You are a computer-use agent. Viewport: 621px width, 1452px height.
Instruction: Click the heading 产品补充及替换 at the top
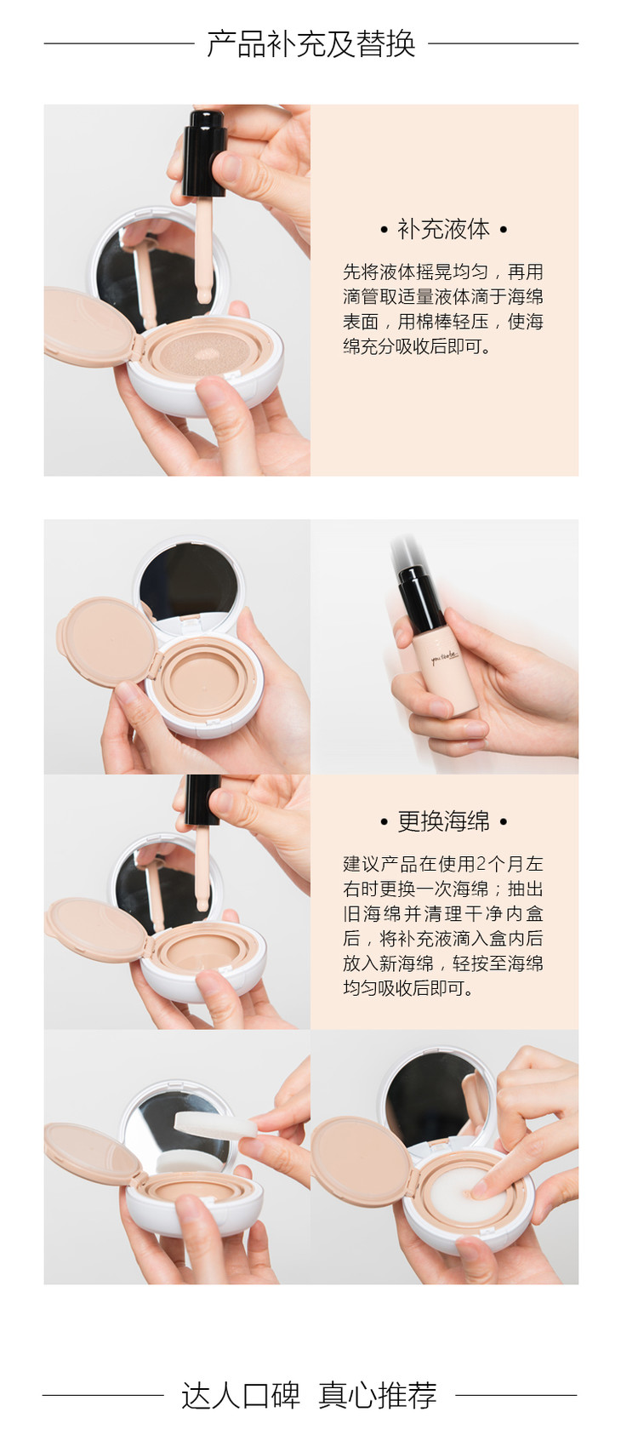tap(311, 44)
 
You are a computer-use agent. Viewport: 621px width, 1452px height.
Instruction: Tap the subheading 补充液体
tap(443, 230)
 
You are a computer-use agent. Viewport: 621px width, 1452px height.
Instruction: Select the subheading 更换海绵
tap(443, 821)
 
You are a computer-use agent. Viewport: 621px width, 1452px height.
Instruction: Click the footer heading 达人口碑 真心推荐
tap(309, 1395)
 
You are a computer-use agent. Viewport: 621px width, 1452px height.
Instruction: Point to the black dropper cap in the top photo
tap(204, 153)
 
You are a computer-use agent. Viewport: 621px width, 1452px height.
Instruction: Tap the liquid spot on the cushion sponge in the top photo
tap(208, 354)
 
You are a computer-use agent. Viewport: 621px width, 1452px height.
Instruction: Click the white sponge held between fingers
tap(214, 1124)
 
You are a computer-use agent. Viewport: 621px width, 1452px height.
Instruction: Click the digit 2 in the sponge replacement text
tap(481, 864)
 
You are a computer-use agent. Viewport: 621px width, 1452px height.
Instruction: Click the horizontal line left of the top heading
tap(119, 43)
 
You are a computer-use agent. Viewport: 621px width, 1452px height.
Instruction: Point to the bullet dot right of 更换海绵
tap(504, 822)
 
